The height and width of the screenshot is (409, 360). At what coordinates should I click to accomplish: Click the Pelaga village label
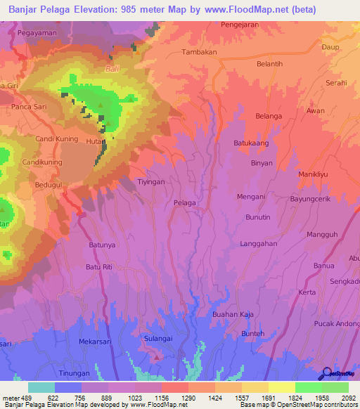pos(184,202)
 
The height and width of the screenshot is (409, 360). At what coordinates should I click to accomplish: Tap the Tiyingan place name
pos(150,181)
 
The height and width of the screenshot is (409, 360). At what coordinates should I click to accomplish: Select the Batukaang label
pos(250,143)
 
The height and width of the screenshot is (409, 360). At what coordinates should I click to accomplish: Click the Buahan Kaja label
pos(233,314)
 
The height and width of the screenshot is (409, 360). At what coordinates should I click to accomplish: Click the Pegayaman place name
pos(38,33)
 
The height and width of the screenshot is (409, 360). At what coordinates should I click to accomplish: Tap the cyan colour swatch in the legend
pos(41,387)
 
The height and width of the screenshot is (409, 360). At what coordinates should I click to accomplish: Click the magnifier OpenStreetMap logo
pos(326,373)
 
